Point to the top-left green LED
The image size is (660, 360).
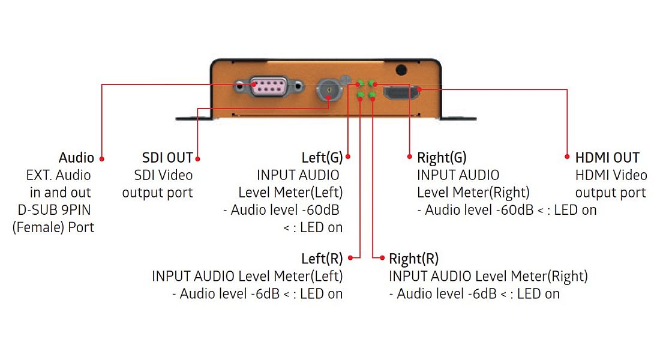coord(360,83)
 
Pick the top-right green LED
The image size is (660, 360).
coord(372,83)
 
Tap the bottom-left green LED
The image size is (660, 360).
coord(360,95)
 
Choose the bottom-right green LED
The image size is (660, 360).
coord(372,95)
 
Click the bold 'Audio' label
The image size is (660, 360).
coord(76,158)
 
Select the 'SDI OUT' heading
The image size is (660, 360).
coord(167,158)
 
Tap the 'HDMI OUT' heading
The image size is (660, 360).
coord(607,158)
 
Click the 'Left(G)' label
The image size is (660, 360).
coord(322,158)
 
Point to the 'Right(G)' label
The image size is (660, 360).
coord(442,158)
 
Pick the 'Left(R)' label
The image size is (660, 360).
coord(322,259)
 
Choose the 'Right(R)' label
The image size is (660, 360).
coord(413,259)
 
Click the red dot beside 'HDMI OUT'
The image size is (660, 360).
coord(567,158)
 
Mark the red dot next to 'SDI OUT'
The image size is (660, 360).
coord(198,158)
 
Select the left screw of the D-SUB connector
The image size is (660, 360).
coord(241,86)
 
